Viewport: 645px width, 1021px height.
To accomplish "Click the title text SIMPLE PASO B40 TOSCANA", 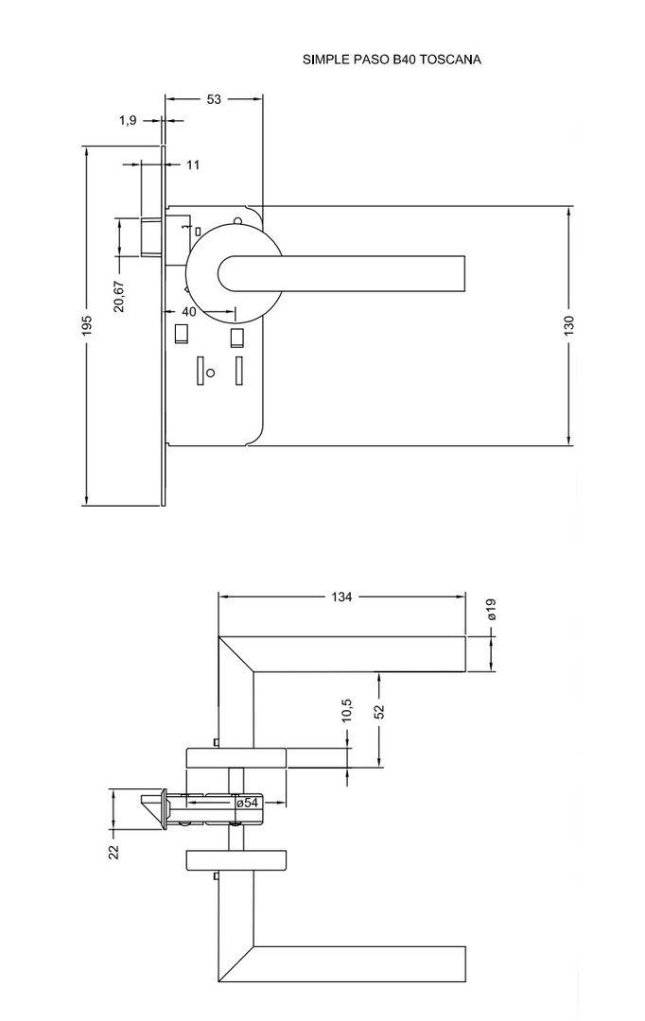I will click(x=392, y=60).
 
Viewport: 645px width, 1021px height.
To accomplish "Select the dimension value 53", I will click(x=214, y=99).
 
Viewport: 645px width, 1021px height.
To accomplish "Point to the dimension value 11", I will click(x=193, y=164).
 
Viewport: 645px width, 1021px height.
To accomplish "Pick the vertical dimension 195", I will click(x=86, y=326).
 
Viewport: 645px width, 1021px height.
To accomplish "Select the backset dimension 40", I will click(x=188, y=311).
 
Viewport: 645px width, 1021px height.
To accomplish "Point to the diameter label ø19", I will click(x=491, y=610).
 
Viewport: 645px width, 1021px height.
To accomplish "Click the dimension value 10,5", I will click(x=347, y=711).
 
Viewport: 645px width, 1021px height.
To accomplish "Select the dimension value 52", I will click(x=378, y=711).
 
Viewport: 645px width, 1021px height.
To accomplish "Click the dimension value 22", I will click(x=113, y=851).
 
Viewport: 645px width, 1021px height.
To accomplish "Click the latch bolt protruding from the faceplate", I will click(x=152, y=236).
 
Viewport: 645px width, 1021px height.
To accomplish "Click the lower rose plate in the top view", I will click(x=236, y=858).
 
